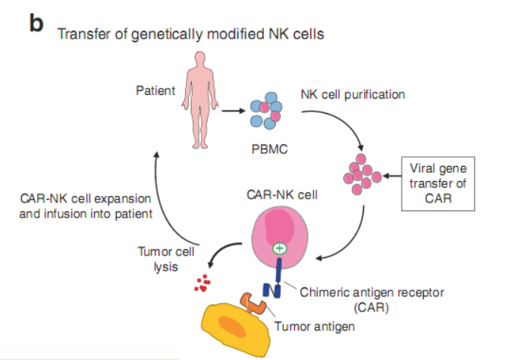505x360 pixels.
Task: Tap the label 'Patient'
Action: tap(155, 91)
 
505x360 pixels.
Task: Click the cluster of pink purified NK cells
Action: tap(362, 174)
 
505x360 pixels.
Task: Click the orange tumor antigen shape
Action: tap(252, 305)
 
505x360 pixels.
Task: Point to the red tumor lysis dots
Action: tap(201, 283)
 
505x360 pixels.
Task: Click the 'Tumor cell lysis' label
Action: tap(165, 258)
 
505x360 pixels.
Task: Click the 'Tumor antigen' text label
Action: tap(315, 327)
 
